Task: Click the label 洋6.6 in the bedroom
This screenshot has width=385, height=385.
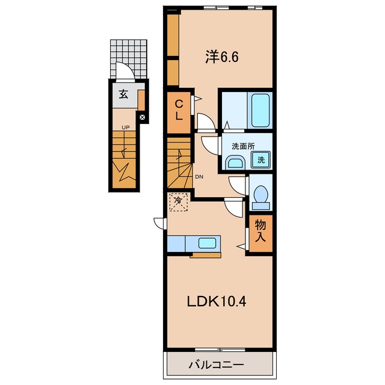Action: click(222, 58)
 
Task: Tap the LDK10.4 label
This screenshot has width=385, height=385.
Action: click(217, 301)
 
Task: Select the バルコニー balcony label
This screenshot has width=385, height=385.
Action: click(216, 365)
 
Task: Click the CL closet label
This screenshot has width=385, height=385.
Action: click(179, 111)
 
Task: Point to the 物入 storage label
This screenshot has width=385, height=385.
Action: click(260, 231)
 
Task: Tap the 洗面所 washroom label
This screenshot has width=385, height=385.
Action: click(243, 147)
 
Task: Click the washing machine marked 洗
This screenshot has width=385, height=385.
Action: click(260, 160)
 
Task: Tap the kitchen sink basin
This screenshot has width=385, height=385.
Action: click(208, 243)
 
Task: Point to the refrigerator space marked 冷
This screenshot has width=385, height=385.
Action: click(179, 202)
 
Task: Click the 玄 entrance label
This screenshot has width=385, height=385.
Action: click(123, 94)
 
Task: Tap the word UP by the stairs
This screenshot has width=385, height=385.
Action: click(126, 128)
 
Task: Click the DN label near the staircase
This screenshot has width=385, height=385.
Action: click(199, 176)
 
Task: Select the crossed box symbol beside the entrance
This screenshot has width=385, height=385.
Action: click(142, 117)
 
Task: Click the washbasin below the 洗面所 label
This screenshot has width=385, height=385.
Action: click(236, 162)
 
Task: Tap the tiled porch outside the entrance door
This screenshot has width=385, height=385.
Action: click(129, 59)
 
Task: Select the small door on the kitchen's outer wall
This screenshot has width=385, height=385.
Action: click(159, 223)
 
